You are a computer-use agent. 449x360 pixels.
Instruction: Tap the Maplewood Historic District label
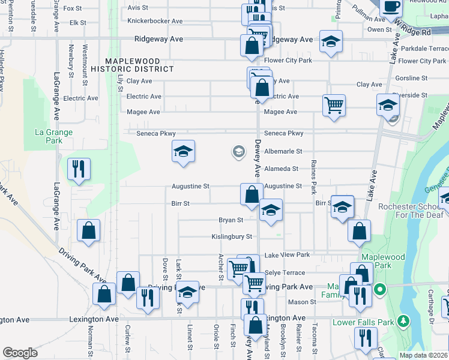click(x=139, y=65)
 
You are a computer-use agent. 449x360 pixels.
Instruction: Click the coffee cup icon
click(x=392, y=7)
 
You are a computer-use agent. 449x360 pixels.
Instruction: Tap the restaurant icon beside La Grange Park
click(x=79, y=169)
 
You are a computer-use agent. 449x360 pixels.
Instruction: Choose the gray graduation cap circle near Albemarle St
click(x=239, y=152)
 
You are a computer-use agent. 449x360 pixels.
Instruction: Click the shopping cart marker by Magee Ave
click(x=334, y=106)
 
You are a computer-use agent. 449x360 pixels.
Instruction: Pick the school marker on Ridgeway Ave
click(x=330, y=42)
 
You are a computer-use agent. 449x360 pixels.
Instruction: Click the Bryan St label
click(x=231, y=220)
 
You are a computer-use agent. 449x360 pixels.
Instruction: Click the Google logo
click(x=20, y=352)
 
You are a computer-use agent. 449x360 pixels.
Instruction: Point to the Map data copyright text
click(x=424, y=355)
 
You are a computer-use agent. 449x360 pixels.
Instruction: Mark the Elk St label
click(x=79, y=23)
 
